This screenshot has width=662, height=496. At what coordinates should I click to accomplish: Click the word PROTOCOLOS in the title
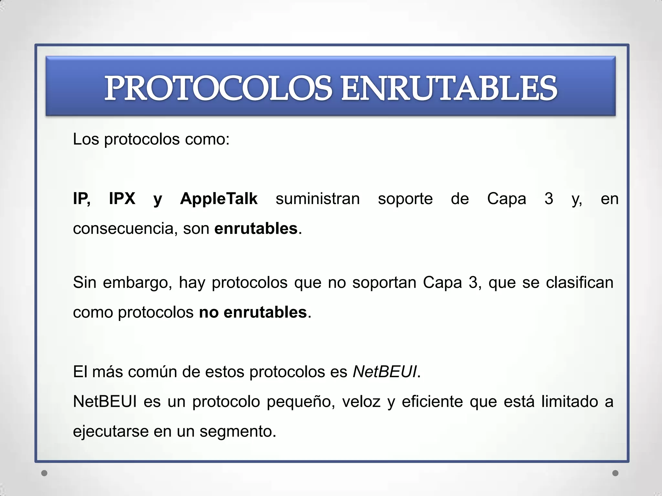(x=218, y=88)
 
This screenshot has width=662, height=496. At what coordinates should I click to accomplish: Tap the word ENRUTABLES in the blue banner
(x=449, y=88)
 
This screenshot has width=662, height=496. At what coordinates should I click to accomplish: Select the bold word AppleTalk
(x=219, y=198)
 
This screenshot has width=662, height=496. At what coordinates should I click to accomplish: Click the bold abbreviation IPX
(x=122, y=198)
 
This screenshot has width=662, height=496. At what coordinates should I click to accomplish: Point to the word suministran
(x=317, y=198)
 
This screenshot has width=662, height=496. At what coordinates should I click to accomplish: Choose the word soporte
(x=405, y=198)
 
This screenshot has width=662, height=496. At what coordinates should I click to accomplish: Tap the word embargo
(x=137, y=283)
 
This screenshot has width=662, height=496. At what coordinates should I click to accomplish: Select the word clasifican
(x=580, y=282)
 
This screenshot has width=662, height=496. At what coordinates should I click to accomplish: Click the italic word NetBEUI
(x=385, y=372)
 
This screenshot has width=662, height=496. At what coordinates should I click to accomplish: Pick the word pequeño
(x=301, y=402)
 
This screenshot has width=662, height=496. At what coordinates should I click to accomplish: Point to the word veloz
(x=361, y=402)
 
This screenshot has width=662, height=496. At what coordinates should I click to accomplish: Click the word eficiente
(x=432, y=402)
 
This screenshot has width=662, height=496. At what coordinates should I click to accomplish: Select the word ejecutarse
(x=111, y=431)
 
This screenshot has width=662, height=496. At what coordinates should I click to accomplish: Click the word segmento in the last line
(x=238, y=431)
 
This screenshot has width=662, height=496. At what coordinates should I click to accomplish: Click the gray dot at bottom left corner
(x=45, y=473)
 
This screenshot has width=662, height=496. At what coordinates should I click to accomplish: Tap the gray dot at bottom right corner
(x=615, y=473)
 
